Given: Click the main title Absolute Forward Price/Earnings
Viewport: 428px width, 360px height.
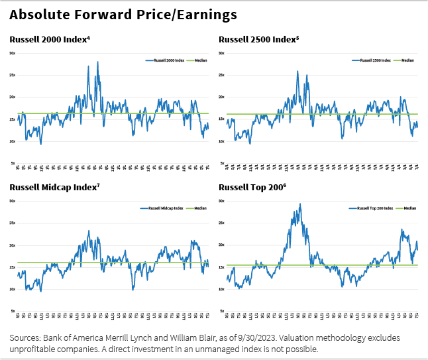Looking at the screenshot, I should click(123, 14).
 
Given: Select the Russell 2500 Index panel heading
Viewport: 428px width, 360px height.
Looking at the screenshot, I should click(259, 39).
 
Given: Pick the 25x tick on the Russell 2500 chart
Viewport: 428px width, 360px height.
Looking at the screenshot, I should click(222, 75).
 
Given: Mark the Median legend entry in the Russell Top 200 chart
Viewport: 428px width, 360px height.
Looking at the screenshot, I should click(407, 208).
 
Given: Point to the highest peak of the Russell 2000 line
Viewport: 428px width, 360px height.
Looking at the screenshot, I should click(98, 62).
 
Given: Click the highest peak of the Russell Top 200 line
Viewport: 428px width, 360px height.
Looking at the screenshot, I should click(301, 204).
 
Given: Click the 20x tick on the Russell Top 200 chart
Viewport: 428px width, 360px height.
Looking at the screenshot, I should click(222, 245).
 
